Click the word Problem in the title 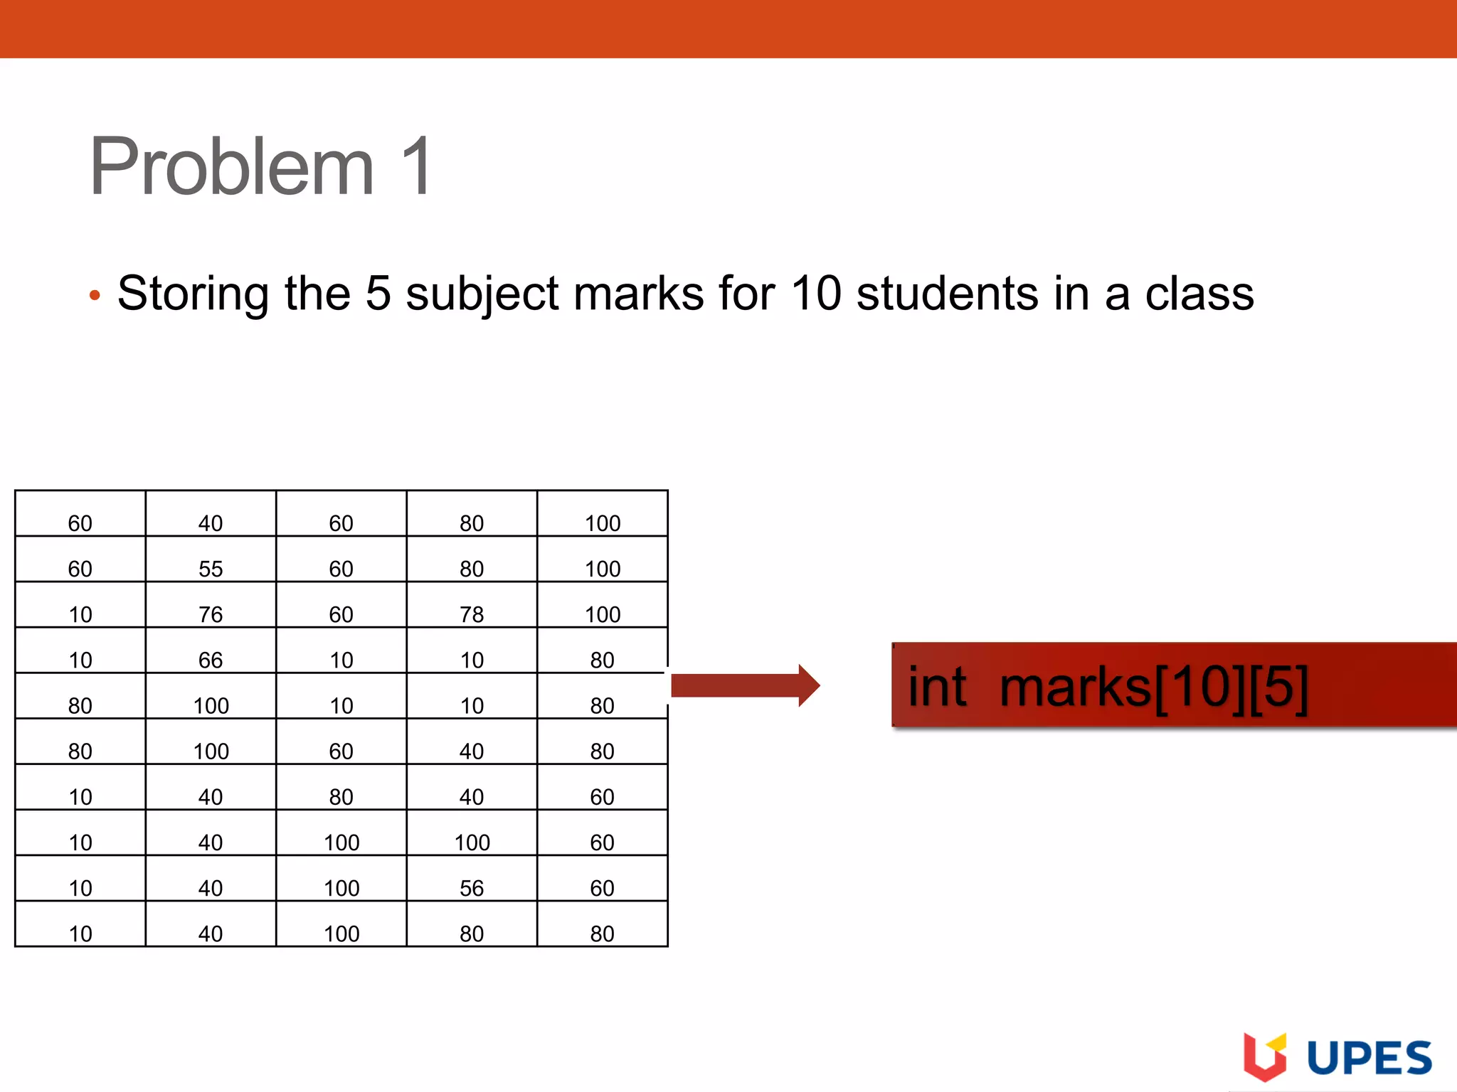(x=231, y=167)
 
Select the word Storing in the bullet (x=193, y=294)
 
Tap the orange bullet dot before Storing (x=95, y=295)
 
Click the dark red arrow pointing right (x=744, y=685)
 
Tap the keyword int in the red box (x=937, y=687)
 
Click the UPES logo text (x=1369, y=1058)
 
